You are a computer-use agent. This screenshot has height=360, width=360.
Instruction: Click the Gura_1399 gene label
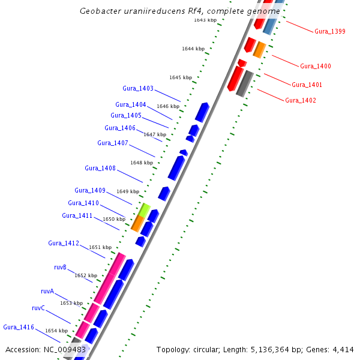329,31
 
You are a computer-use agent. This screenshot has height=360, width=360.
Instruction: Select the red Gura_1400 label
315,66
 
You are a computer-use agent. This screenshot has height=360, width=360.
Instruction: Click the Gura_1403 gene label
138,89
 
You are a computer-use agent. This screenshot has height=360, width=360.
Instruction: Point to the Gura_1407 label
112,143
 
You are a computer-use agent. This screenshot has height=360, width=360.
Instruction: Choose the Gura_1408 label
100,168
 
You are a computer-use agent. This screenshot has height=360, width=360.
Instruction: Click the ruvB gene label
60,267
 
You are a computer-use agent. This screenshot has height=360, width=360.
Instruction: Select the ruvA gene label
47,291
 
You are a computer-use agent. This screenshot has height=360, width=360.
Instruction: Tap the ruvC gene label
38,308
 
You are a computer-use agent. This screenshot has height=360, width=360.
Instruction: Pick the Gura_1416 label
19,327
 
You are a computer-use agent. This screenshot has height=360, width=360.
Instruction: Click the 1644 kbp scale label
193,49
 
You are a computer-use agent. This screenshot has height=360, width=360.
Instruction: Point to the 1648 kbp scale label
141,163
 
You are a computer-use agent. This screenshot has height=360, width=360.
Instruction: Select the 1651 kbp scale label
100,247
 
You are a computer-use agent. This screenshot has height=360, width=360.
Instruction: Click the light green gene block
144,209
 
